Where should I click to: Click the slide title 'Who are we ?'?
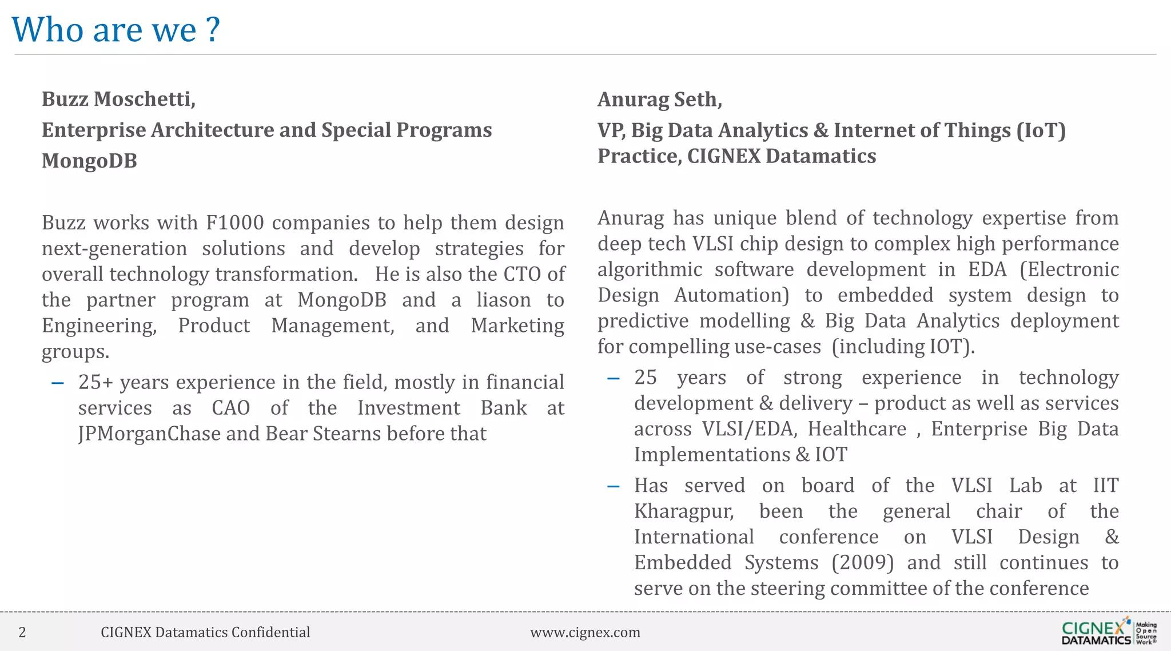point(115,30)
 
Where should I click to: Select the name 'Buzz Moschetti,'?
point(118,99)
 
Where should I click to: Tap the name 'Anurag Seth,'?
point(659,100)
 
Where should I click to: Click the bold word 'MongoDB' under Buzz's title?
point(89,161)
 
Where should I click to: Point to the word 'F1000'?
point(234,223)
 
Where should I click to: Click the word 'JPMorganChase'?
point(149,434)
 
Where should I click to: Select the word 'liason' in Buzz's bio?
point(503,300)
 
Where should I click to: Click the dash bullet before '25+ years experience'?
point(57,383)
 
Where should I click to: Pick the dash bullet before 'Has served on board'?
point(613,486)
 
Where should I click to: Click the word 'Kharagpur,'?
point(684,511)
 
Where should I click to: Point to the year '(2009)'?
point(862,562)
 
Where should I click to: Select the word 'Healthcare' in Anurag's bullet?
point(857,429)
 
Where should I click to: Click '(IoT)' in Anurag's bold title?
point(1041,130)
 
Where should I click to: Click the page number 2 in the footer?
point(22,632)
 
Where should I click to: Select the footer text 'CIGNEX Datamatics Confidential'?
point(205,632)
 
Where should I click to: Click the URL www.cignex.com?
point(585,632)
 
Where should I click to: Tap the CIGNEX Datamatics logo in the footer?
point(1108,632)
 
